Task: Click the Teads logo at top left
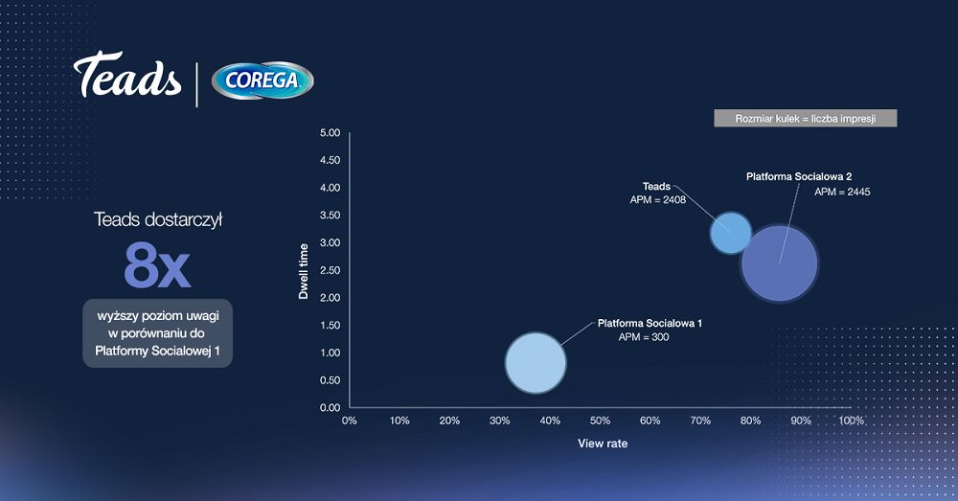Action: [127, 75]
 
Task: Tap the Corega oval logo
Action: [262, 80]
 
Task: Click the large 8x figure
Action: [157, 265]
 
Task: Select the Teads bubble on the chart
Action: [731, 233]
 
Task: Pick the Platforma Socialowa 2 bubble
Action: [780, 264]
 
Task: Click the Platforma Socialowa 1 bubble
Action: [536, 362]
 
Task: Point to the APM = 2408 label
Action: [658, 200]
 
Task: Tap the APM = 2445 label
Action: [842, 192]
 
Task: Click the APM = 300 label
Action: [644, 337]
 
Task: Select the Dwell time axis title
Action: [303, 271]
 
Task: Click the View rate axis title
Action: [603, 444]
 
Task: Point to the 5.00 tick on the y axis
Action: [330, 133]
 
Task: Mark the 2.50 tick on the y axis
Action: [330, 271]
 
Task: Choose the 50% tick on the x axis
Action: [600, 421]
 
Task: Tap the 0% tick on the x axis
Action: [349, 421]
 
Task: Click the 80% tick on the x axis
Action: [750, 421]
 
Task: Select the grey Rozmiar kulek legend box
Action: [806, 119]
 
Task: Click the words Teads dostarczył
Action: [158, 220]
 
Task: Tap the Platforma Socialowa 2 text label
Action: [799, 176]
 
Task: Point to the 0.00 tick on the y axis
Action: [330, 407]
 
